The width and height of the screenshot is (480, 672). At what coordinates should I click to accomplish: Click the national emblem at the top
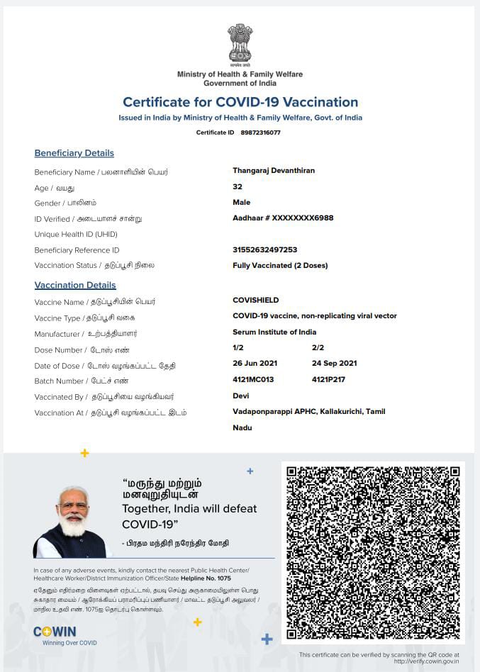tap(240, 45)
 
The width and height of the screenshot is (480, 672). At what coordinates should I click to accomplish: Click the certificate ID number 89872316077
tap(260, 133)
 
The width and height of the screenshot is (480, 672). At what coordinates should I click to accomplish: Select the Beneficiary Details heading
tap(74, 153)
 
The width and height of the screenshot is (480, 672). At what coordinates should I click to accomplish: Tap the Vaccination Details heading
tap(75, 285)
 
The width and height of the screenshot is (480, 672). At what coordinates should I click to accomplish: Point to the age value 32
tap(238, 186)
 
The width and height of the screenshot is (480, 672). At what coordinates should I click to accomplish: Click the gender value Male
tap(241, 202)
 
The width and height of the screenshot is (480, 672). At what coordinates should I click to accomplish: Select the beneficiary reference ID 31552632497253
tap(264, 250)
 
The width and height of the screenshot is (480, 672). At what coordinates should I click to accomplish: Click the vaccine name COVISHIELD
tap(255, 301)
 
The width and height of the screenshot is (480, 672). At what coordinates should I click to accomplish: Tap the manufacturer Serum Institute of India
tap(274, 332)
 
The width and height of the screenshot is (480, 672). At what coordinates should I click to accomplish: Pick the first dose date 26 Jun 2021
tap(255, 363)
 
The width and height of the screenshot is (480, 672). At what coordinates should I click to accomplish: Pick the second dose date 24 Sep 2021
tap(334, 363)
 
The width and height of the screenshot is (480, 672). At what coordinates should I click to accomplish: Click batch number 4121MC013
tap(253, 379)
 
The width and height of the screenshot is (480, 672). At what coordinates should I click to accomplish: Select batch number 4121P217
tap(328, 379)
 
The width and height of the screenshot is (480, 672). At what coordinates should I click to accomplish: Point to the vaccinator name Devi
tap(241, 396)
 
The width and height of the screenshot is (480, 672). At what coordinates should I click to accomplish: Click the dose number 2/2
tap(318, 347)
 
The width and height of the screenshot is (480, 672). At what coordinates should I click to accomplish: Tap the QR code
tap(373, 552)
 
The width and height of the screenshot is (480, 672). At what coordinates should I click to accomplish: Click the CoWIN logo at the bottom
tap(55, 632)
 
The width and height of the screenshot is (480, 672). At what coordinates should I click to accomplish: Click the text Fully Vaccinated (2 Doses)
tap(280, 265)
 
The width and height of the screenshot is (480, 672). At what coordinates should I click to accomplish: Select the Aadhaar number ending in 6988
tap(283, 218)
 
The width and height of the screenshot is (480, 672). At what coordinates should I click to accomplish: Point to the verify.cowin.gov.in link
tap(426, 661)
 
